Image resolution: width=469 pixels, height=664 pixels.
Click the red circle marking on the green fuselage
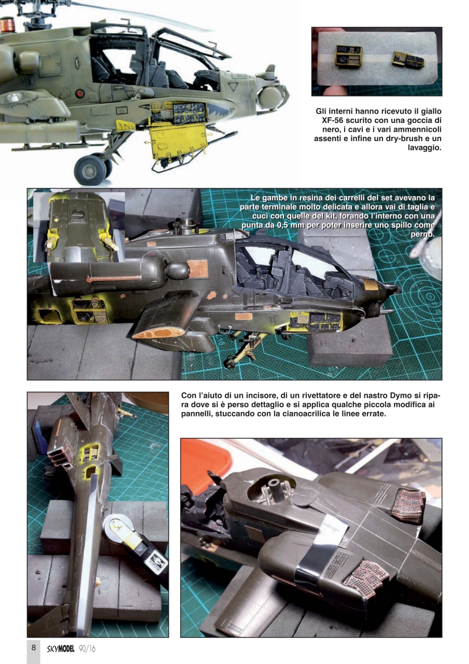pyautogui.click(x=79, y=93)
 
